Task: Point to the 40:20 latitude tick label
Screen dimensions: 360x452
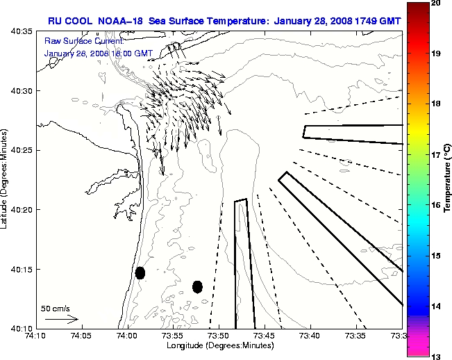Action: [x=21, y=210]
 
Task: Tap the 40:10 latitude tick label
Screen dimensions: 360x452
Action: [x=21, y=328]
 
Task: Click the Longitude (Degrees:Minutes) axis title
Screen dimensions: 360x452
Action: [x=219, y=345]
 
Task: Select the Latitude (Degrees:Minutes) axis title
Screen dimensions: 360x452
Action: [x=6, y=179]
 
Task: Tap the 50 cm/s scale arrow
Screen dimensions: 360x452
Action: [x=62, y=319]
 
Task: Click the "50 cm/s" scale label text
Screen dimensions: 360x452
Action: [x=56, y=308]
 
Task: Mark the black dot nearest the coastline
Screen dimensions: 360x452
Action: [x=140, y=272]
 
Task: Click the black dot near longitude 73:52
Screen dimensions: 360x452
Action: [x=197, y=286]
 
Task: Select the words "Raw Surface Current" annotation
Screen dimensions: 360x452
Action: [x=75, y=41]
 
